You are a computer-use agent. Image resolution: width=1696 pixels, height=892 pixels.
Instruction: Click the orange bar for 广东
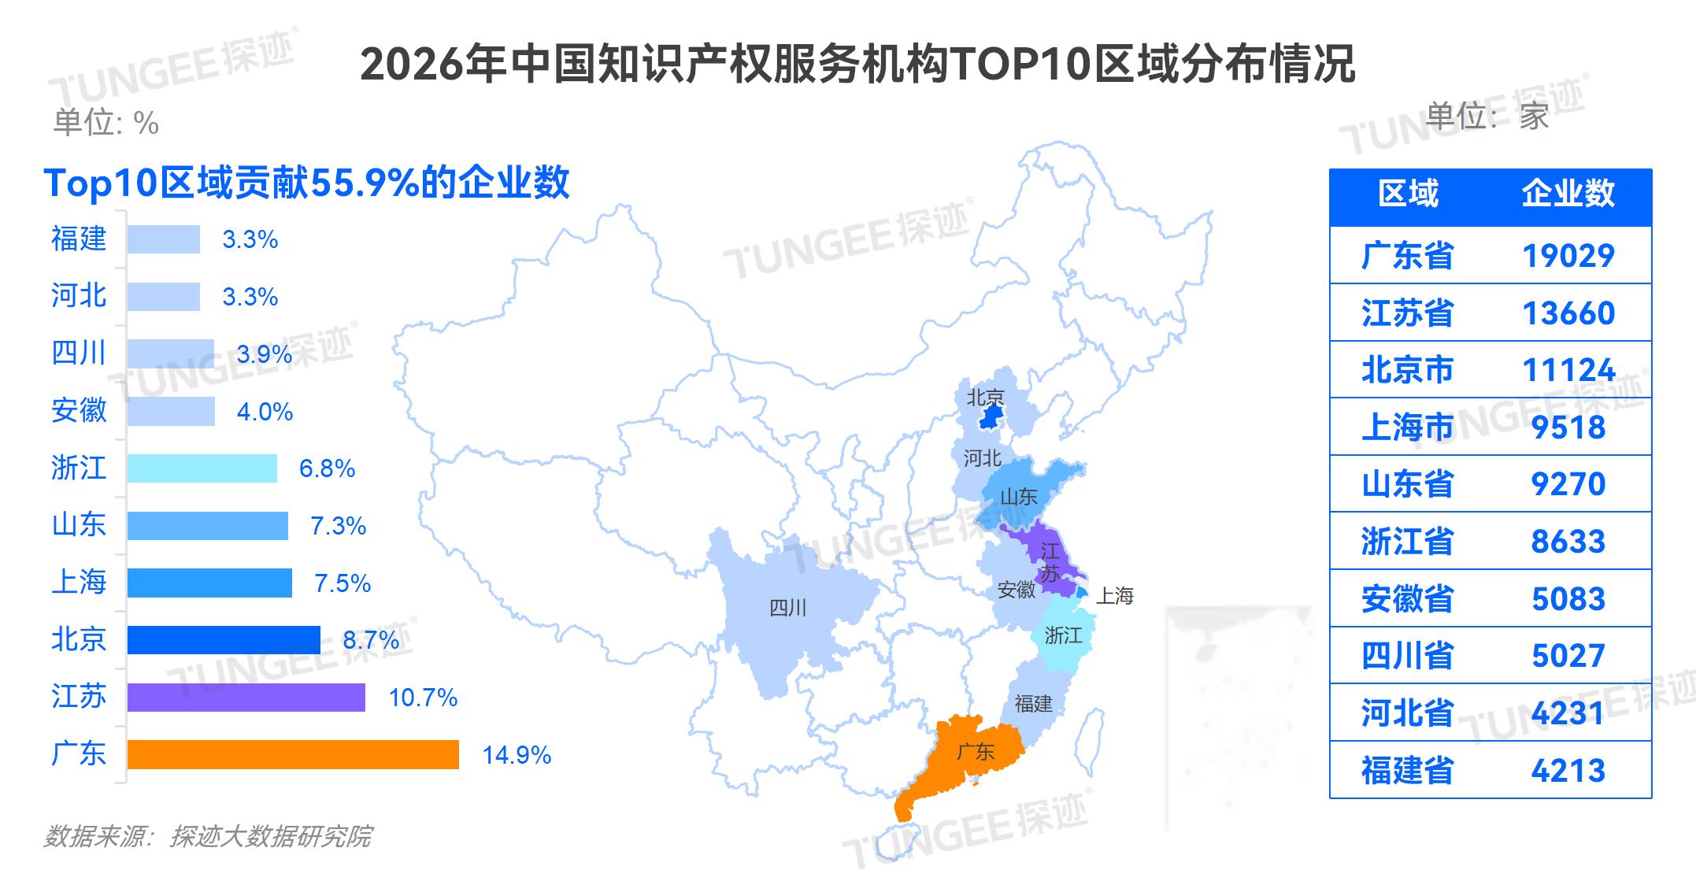[293, 754]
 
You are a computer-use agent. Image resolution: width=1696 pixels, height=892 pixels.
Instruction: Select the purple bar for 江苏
[246, 698]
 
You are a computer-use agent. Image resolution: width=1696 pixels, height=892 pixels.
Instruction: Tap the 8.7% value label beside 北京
[371, 640]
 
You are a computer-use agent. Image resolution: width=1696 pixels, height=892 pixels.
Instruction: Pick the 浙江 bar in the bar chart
[202, 468]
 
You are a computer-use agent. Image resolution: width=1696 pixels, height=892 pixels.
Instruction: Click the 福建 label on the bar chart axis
[79, 239]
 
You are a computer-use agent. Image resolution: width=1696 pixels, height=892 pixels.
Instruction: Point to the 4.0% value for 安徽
[265, 412]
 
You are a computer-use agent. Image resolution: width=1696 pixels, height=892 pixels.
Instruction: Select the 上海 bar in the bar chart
[209, 583]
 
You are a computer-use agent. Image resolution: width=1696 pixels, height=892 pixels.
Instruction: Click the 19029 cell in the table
[1568, 256]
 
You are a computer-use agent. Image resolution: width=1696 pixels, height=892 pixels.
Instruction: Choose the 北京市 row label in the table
[1407, 370]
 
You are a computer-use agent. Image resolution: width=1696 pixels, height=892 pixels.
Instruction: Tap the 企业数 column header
[1568, 194]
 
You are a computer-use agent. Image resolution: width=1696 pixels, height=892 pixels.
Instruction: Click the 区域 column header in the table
[1408, 194]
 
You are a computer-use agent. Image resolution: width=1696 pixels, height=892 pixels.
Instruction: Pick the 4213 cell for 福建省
[1568, 771]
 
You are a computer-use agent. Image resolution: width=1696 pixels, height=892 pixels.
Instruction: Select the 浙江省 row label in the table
[1407, 542]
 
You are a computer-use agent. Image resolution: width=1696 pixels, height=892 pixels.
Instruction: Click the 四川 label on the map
[787, 608]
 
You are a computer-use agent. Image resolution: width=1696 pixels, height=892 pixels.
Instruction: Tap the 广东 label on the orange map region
[975, 752]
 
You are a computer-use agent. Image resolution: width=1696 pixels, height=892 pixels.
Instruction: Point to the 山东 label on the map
[1018, 497]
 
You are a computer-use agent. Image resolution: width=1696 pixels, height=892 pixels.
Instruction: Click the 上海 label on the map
[1115, 596]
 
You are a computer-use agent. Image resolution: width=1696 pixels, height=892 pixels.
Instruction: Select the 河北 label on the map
[982, 458]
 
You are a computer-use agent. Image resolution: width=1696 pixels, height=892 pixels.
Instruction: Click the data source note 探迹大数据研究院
[207, 836]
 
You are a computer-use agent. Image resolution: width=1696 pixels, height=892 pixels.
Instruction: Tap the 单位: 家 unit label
[1487, 117]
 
